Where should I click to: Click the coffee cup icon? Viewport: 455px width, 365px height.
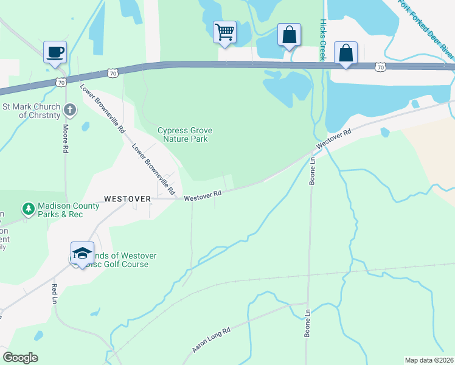coord(55,51)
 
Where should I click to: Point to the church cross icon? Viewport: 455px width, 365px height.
coord(70,109)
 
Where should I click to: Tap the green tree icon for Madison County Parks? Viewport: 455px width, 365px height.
coord(28,209)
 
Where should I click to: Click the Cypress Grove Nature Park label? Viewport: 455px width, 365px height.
coord(182,134)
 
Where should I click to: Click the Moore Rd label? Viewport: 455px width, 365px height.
coord(65,138)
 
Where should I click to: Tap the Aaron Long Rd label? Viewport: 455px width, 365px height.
coord(212,340)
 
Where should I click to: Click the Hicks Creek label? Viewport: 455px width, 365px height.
coord(322,38)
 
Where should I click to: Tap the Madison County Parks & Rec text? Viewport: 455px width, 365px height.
coord(68,210)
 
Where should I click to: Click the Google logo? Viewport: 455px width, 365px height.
coord(20,358)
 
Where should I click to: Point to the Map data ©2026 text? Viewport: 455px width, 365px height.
coord(429,360)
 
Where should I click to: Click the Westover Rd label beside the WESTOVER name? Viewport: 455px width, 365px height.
coord(202,196)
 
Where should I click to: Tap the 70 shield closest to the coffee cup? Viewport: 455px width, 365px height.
coord(60,81)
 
